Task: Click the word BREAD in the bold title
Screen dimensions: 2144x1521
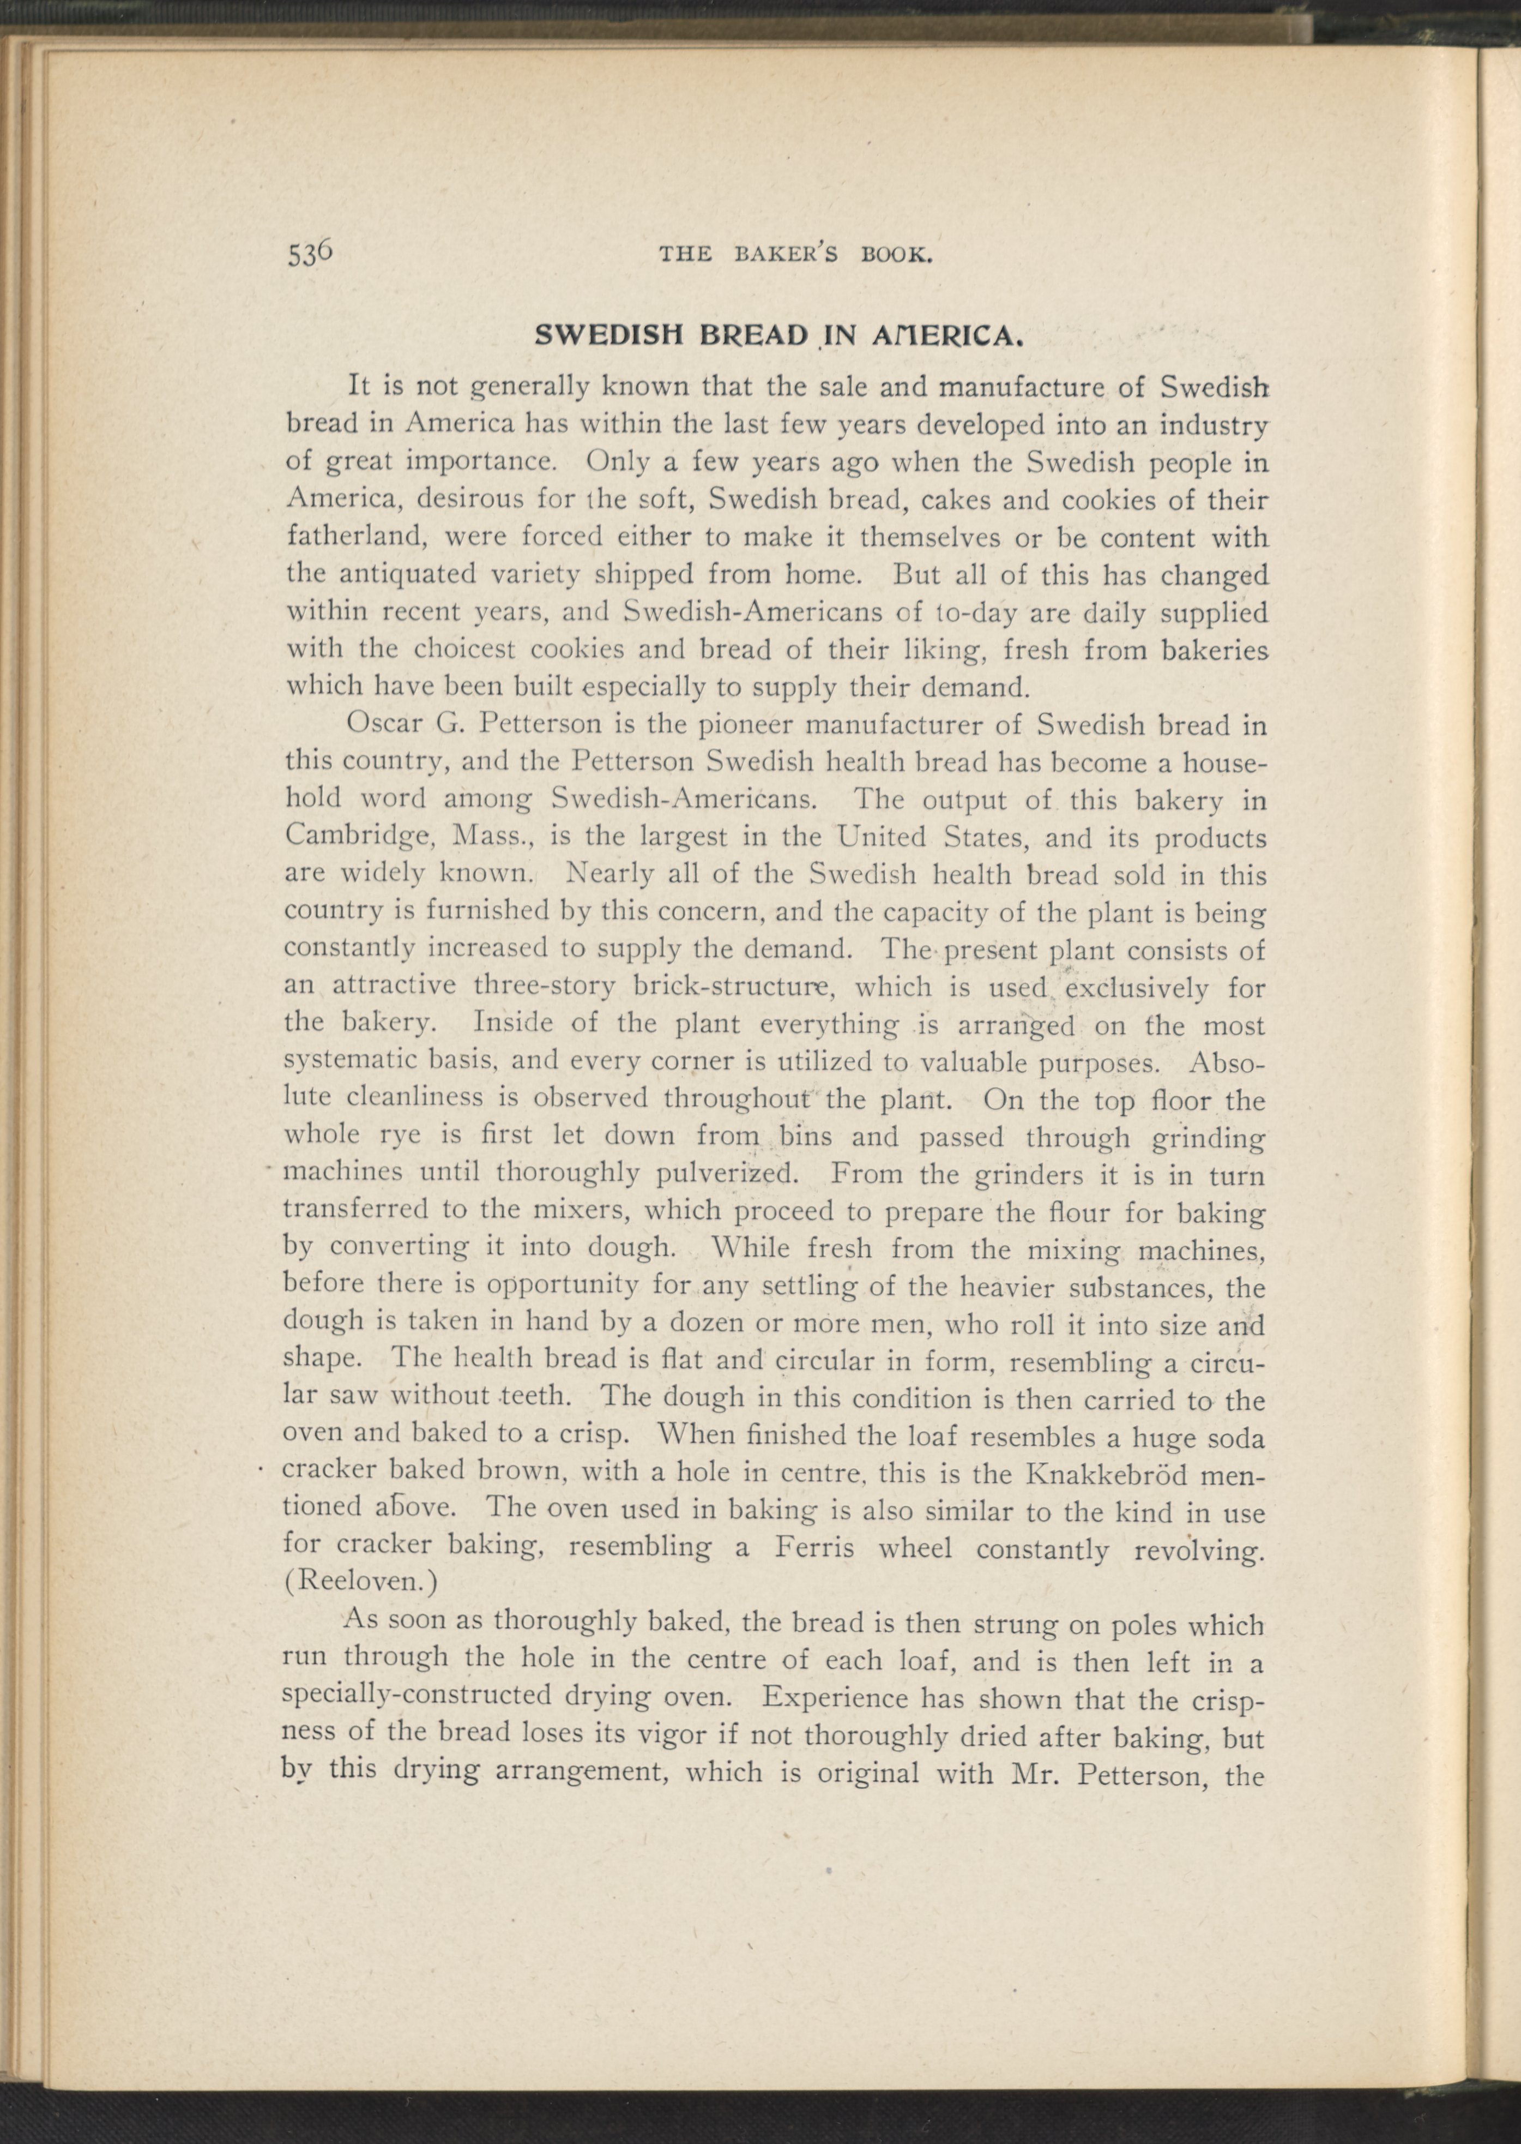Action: tap(753, 335)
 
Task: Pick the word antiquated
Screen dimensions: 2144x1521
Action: tap(412, 573)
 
